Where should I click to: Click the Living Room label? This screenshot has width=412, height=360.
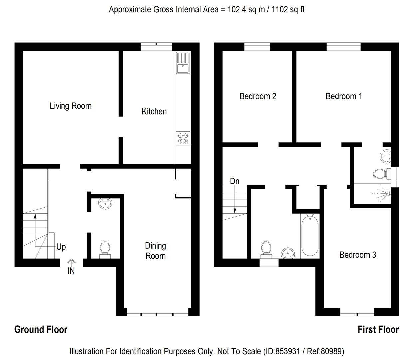coord(71,106)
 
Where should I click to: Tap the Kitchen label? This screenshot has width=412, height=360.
coord(154,111)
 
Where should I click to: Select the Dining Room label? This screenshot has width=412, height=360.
coord(156,251)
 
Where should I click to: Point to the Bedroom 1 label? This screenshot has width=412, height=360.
coord(344,96)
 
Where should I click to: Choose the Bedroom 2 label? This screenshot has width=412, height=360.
coord(258,96)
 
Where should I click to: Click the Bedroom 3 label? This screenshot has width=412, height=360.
coord(358,255)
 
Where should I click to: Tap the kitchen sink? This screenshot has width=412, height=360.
coord(183,63)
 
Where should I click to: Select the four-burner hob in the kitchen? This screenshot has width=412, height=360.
coord(183,138)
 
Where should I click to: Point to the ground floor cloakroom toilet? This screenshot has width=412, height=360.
coord(105,249)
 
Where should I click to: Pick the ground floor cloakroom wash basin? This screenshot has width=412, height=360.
coord(105,204)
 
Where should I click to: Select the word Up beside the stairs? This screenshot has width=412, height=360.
coord(61,247)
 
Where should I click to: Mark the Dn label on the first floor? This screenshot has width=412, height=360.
coord(235,181)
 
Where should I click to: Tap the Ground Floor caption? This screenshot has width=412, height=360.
coord(41,330)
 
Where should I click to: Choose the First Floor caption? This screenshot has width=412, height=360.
coord(378,330)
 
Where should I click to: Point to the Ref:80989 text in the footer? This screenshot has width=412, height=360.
coord(325,351)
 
